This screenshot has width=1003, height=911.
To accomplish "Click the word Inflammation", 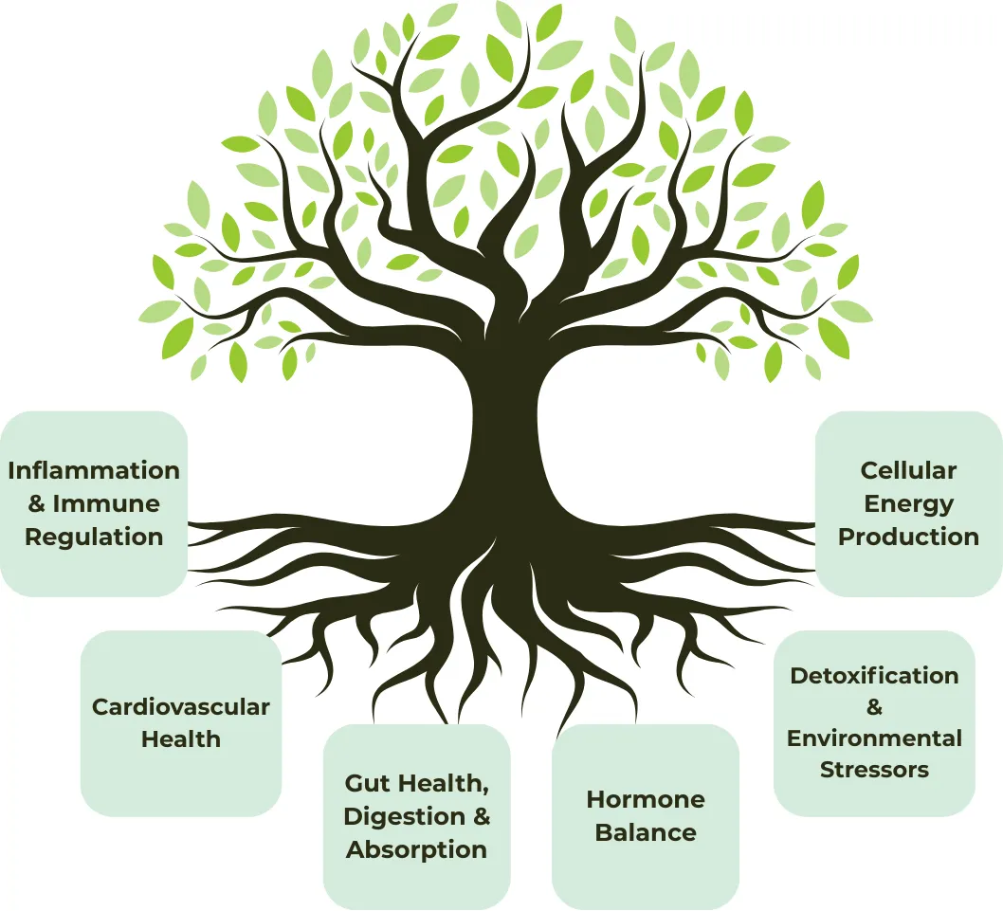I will (x=94, y=471).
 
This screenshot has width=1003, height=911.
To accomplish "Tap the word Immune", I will (x=106, y=504).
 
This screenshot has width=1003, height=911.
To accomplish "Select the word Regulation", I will (x=94, y=537).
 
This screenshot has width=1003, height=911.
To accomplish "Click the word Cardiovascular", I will (x=180, y=707).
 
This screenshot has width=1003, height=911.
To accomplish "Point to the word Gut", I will (x=369, y=784).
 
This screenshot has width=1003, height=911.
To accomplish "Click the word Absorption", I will (x=416, y=850).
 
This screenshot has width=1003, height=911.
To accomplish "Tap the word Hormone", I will (x=646, y=800).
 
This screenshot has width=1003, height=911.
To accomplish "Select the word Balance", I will (x=646, y=833).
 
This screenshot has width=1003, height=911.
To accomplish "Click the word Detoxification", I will (x=874, y=676).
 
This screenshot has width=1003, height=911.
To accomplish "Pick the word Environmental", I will (x=874, y=738).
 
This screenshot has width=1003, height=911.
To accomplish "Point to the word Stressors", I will (x=874, y=770).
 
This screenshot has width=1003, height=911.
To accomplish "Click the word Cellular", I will (x=908, y=471).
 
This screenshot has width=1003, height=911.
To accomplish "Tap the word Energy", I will (x=908, y=504).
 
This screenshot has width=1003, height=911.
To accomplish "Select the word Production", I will (x=908, y=537).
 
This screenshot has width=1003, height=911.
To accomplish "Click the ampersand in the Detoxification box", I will (x=874, y=707).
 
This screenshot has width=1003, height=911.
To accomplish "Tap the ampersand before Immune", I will (x=38, y=504).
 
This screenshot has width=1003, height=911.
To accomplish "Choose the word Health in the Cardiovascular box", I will (x=180, y=739).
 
